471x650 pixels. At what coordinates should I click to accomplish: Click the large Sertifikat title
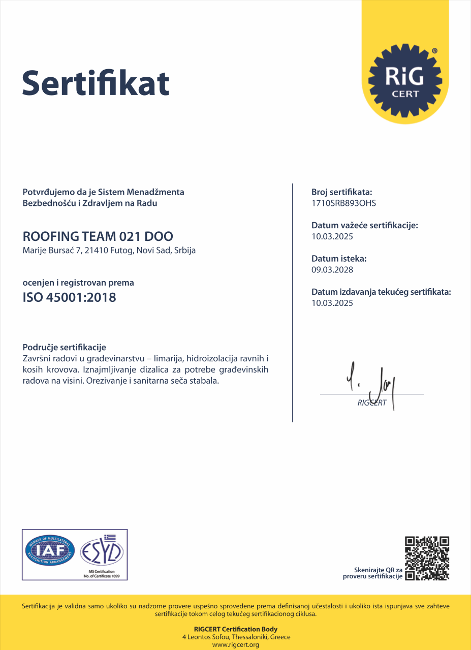click(96, 83)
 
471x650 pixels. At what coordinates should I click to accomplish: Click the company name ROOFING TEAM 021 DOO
click(98, 236)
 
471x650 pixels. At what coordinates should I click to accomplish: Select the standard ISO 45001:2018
click(70, 297)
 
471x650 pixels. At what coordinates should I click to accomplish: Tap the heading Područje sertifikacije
click(65, 348)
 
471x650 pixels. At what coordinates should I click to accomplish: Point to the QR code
click(427, 558)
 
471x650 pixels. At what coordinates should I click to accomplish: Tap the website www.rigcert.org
click(235, 645)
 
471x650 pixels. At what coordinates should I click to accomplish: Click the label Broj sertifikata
click(341, 192)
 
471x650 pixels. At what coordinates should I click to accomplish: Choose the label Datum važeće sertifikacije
click(364, 225)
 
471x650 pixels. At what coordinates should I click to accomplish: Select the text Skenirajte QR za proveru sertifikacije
click(373, 573)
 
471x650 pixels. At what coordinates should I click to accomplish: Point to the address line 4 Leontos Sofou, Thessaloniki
click(236, 637)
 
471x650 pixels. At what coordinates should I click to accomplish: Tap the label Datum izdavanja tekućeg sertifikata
click(381, 292)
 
